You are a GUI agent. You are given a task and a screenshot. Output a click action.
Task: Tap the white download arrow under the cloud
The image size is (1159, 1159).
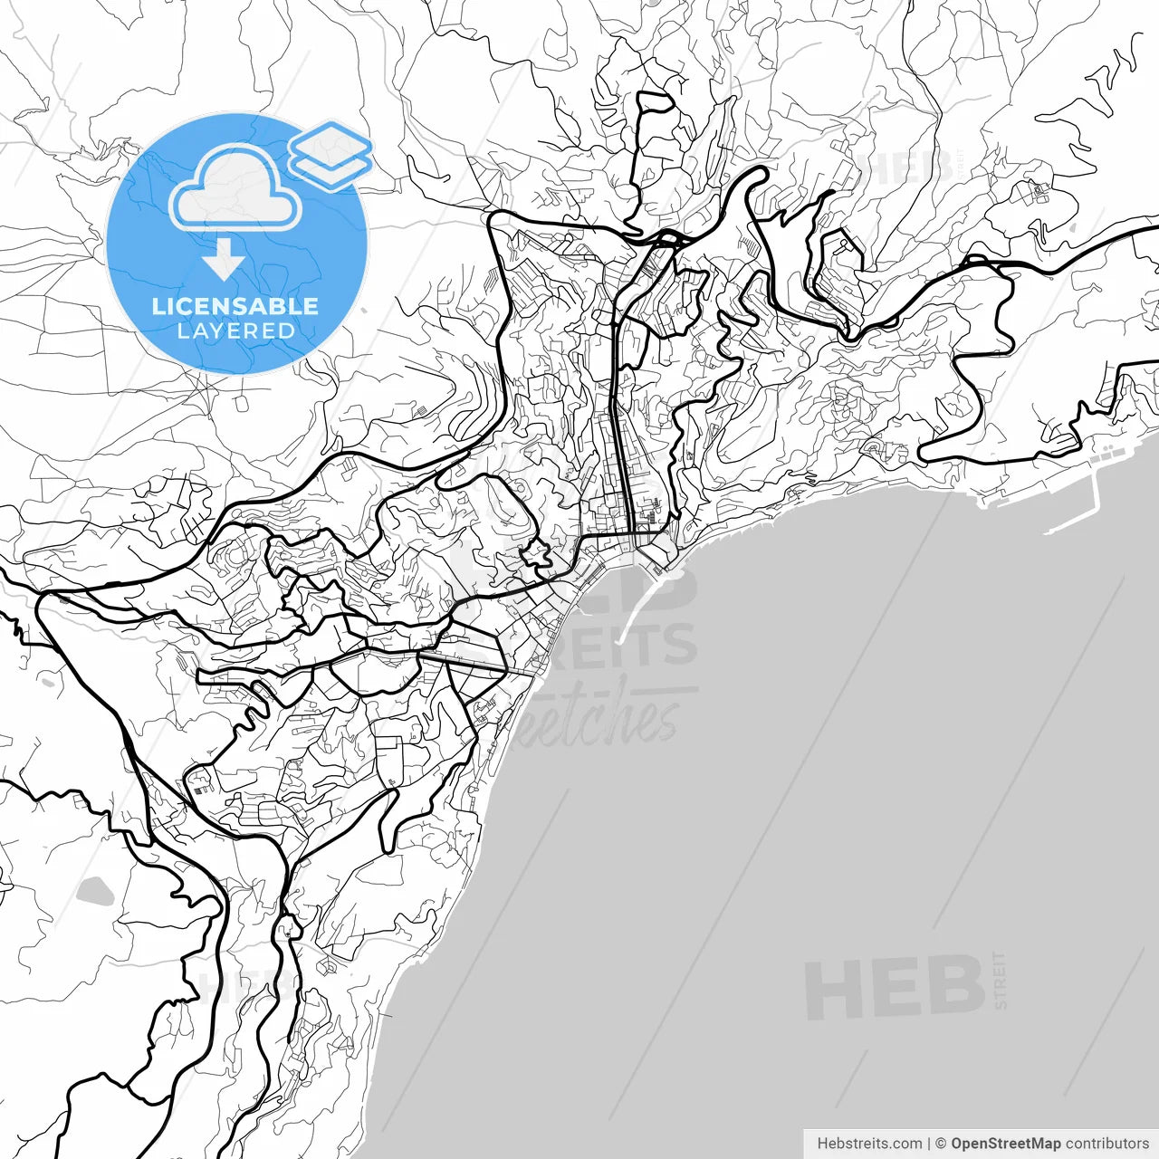224,260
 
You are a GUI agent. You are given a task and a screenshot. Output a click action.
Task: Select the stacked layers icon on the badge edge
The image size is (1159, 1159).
330,155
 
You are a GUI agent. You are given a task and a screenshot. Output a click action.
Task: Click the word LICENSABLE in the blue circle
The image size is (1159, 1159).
235,306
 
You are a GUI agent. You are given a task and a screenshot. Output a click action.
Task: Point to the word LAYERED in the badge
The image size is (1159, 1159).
235,331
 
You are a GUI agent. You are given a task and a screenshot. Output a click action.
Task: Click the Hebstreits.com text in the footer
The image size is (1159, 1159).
869,1144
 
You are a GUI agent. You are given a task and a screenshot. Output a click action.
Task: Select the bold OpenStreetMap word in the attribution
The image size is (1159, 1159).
1006,1144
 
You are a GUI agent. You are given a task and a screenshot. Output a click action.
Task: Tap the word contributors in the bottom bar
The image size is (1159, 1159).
1106,1144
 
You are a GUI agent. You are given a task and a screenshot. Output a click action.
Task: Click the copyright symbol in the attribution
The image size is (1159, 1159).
941,1144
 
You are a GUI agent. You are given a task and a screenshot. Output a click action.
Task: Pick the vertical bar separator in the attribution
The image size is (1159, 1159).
929,1144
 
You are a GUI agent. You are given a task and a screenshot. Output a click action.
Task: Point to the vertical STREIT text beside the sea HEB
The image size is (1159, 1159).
1000,980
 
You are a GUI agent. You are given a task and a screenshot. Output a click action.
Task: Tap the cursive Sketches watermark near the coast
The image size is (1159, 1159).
598,720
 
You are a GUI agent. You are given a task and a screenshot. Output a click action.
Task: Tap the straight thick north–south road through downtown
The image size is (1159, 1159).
619,435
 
